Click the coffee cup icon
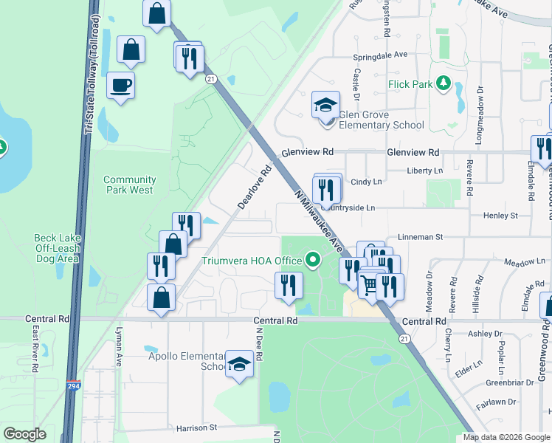[120, 86]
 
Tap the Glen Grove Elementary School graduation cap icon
[325, 105]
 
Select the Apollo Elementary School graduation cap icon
[238, 363]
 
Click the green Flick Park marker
[443, 84]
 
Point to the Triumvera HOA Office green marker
[313, 261]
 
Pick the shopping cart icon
[370, 284]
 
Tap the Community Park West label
[129, 185]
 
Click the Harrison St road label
[197, 427]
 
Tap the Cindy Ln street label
[366, 181]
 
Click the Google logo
[25, 434]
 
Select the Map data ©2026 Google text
[506, 437]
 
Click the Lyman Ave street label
[118, 360]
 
